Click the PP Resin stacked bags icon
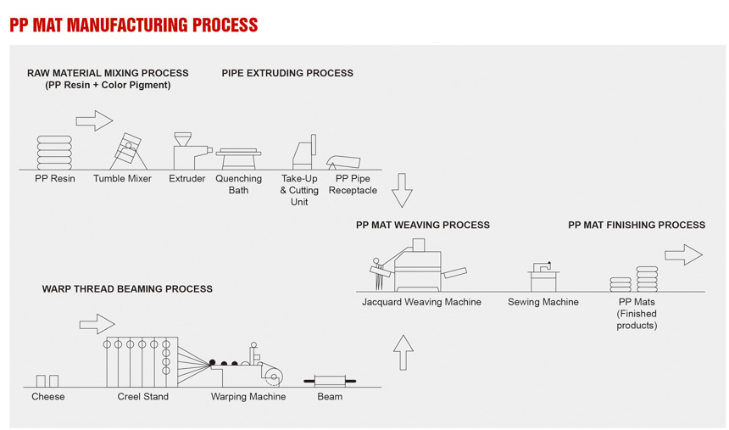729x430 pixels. pyautogui.click(x=54, y=153)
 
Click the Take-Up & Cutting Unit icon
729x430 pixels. pyautogui.click(x=303, y=154)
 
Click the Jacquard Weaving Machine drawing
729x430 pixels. pyautogui.click(x=417, y=267)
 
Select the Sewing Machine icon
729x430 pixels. pyautogui.click(x=543, y=275)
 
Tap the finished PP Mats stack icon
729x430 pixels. pyautogui.click(x=635, y=280)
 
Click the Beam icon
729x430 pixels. pyautogui.click(x=330, y=380)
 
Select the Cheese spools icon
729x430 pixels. pyautogui.click(x=47, y=381)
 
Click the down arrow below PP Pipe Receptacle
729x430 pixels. pyautogui.click(x=402, y=191)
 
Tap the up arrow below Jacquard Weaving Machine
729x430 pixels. pyautogui.click(x=403, y=352)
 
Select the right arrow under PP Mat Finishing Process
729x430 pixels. pyautogui.click(x=683, y=254)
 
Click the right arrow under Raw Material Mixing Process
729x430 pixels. pyautogui.click(x=94, y=120)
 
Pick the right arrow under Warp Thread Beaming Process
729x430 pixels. pyautogui.click(x=97, y=324)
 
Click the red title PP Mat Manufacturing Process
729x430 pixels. pyautogui.click(x=133, y=25)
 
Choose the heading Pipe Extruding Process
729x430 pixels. pyautogui.click(x=287, y=73)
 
